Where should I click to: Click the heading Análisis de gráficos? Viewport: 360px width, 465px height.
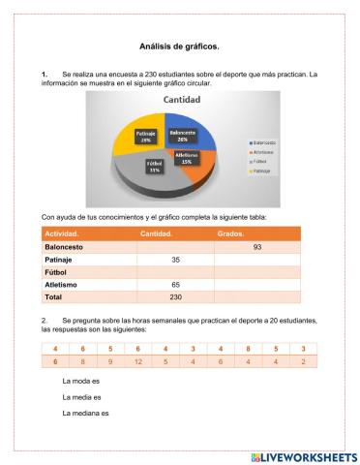tap(179, 46)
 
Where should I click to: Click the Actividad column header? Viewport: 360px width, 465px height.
tap(63, 233)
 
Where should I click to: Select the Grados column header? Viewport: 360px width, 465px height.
tap(231, 233)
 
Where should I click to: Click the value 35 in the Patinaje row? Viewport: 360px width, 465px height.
tap(175, 260)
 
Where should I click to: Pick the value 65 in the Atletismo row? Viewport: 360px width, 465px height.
tap(175, 285)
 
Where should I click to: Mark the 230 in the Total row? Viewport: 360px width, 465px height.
tap(175, 297)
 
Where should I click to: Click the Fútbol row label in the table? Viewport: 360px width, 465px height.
tap(57, 272)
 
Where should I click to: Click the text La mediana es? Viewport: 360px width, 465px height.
tap(84, 414)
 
